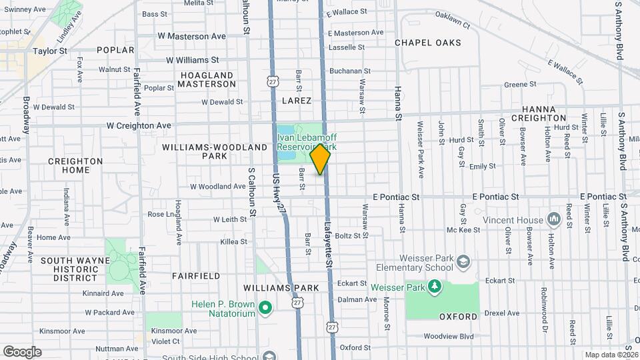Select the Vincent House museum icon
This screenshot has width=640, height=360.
pos(553,219)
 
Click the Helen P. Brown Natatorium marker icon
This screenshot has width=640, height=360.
pos(265,308)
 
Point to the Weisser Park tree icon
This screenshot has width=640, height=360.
pos(434,287)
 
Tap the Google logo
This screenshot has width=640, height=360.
pos(22,352)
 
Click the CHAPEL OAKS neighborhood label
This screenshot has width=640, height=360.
pos(427,43)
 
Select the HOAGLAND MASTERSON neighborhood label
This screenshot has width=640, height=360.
pos(207,80)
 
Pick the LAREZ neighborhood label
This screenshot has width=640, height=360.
pos(297,101)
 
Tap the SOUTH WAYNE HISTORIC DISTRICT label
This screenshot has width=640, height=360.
pos(70,269)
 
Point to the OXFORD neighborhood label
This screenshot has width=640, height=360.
pos(458,316)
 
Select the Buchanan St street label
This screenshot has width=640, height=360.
pos(349,71)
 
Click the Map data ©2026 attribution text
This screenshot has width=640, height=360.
pos(611,355)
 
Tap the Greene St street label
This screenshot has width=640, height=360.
pos(521,85)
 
